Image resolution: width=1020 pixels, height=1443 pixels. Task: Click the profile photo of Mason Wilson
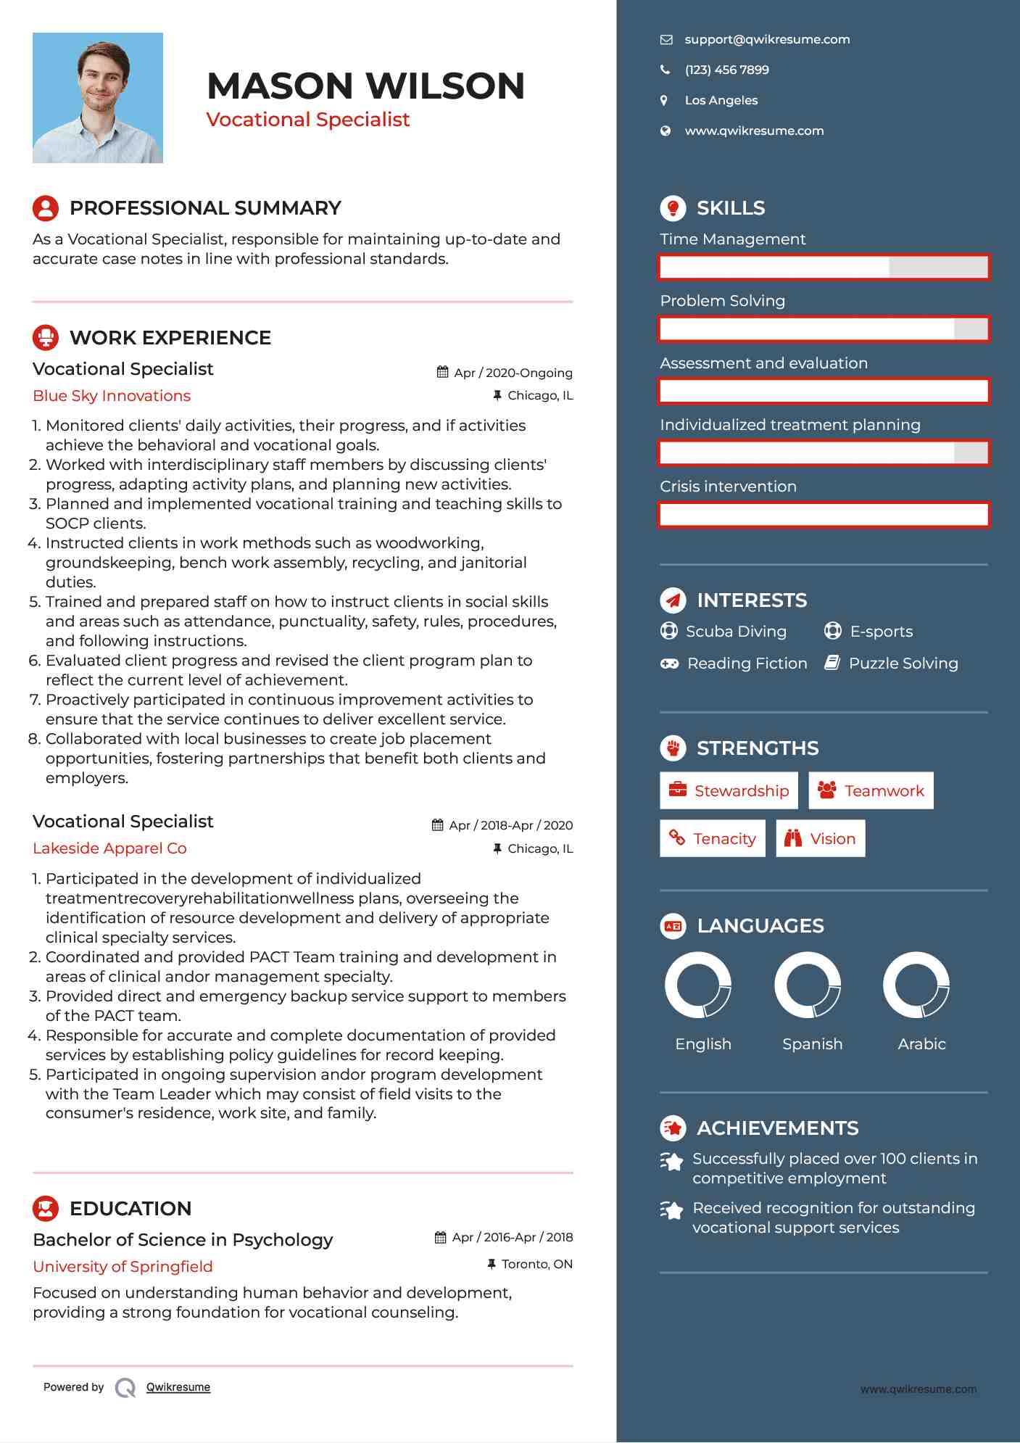point(97,98)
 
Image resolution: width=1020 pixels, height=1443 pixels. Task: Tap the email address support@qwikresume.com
point(766,40)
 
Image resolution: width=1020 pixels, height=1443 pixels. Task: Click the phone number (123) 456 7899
point(726,70)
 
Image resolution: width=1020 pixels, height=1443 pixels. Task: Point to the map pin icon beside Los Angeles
point(664,101)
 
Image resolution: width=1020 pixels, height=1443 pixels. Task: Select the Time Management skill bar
point(824,268)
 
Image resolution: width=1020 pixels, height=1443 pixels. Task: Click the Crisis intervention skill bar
point(824,515)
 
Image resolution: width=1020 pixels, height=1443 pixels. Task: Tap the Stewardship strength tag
point(729,790)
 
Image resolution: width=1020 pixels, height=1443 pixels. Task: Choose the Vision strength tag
point(820,839)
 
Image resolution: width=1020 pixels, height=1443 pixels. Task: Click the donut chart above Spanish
point(808,985)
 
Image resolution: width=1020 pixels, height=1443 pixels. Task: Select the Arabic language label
point(921,1044)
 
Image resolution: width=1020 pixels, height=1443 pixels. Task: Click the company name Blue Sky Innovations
point(112,396)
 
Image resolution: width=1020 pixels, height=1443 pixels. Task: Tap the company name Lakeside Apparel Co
point(109,848)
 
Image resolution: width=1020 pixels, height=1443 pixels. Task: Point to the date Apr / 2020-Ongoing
point(513,373)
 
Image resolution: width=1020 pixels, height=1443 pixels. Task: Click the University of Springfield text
point(123,1267)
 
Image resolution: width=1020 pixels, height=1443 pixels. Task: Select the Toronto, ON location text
point(536,1265)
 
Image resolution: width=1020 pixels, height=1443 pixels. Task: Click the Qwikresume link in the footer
point(178,1387)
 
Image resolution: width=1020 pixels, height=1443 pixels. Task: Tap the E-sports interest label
point(881,632)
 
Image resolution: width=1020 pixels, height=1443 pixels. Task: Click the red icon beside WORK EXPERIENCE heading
point(46,338)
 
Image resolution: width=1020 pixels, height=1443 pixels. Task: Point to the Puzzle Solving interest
point(903,663)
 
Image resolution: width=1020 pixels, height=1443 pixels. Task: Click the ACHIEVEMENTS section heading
point(777,1128)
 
